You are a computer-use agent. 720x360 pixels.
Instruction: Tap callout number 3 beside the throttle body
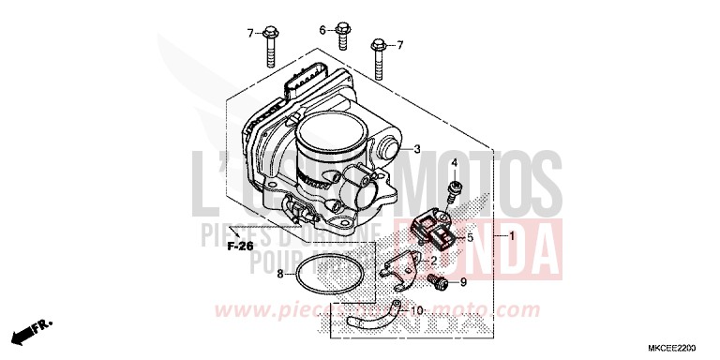point(418,147)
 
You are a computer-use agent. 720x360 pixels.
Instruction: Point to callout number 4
point(454,163)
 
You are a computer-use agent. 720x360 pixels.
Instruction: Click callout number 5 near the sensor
point(470,238)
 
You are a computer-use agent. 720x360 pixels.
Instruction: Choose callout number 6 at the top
point(322,30)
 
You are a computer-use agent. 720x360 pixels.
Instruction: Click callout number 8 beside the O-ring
point(279,274)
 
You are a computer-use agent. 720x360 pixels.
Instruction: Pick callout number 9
point(462,281)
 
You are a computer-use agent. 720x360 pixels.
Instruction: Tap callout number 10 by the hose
point(419,310)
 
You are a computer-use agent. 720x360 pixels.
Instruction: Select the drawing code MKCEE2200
point(687,347)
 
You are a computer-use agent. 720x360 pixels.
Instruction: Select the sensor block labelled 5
point(439,228)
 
